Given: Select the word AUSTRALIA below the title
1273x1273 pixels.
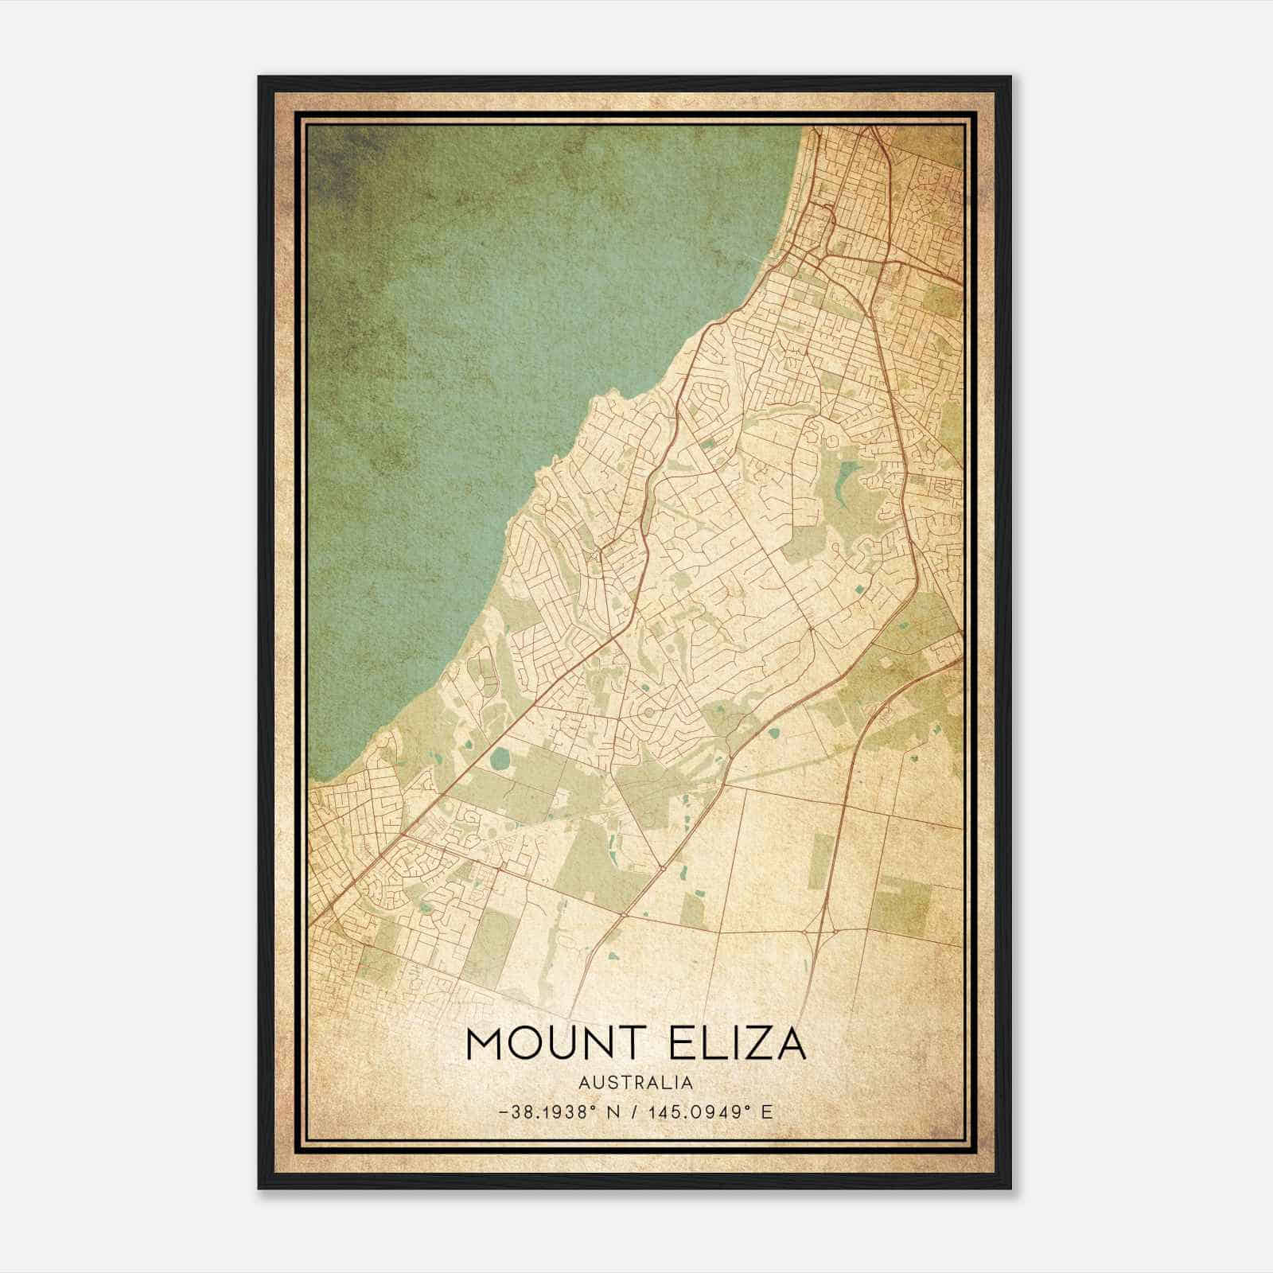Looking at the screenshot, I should (x=636, y=1083).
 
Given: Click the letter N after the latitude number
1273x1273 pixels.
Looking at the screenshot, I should (x=612, y=1112).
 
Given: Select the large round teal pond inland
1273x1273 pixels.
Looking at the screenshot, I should (x=499, y=760).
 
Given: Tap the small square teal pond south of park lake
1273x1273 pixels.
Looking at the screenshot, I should (x=861, y=590).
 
